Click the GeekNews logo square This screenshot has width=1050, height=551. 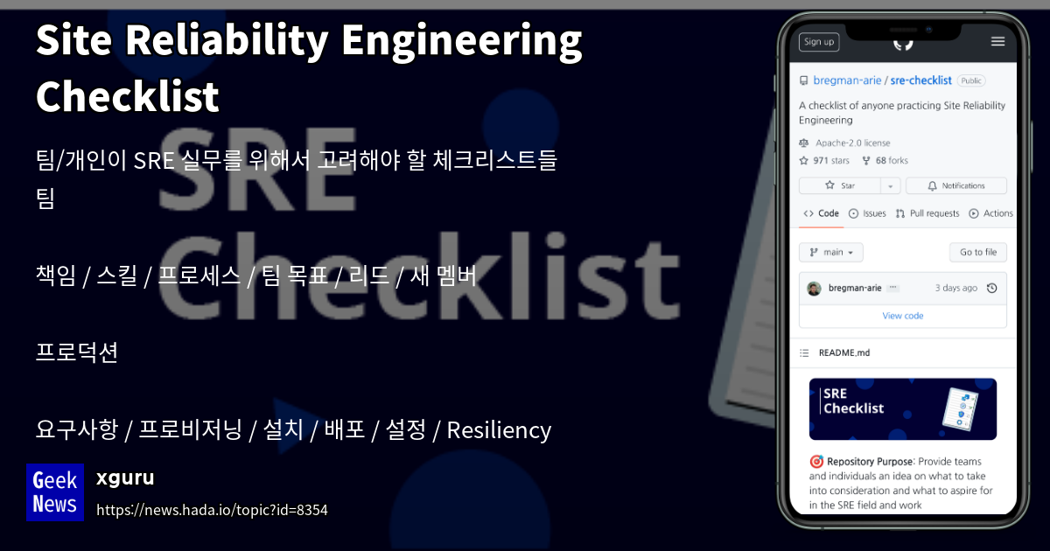pyautogui.click(x=55, y=492)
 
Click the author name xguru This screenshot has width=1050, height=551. pyautogui.click(x=125, y=478)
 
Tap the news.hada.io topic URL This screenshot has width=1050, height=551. pyautogui.click(x=212, y=510)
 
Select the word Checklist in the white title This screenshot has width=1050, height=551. pyautogui.click(x=128, y=96)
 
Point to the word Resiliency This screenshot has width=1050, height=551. pyautogui.click(x=499, y=430)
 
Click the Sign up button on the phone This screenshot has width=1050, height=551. pyautogui.click(x=818, y=42)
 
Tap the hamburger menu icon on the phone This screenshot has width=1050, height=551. pyautogui.click(x=997, y=41)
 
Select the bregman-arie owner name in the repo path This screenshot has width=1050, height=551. pyautogui.click(x=846, y=80)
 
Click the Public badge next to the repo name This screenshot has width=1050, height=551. pyautogui.click(x=970, y=80)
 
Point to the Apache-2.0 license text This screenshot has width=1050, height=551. pyautogui.click(x=852, y=143)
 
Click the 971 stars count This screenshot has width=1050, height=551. pyautogui.click(x=830, y=161)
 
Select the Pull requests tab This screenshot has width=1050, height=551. pyautogui.click(x=934, y=213)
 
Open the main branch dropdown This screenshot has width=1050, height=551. pyautogui.click(x=831, y=253)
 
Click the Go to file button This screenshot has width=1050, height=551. pyautogui.click(x=977, y=253)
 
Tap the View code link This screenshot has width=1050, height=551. pyautogui.click(x=902, y=316)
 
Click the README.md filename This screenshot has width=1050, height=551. pyautogui.click(x=843, y=353)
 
